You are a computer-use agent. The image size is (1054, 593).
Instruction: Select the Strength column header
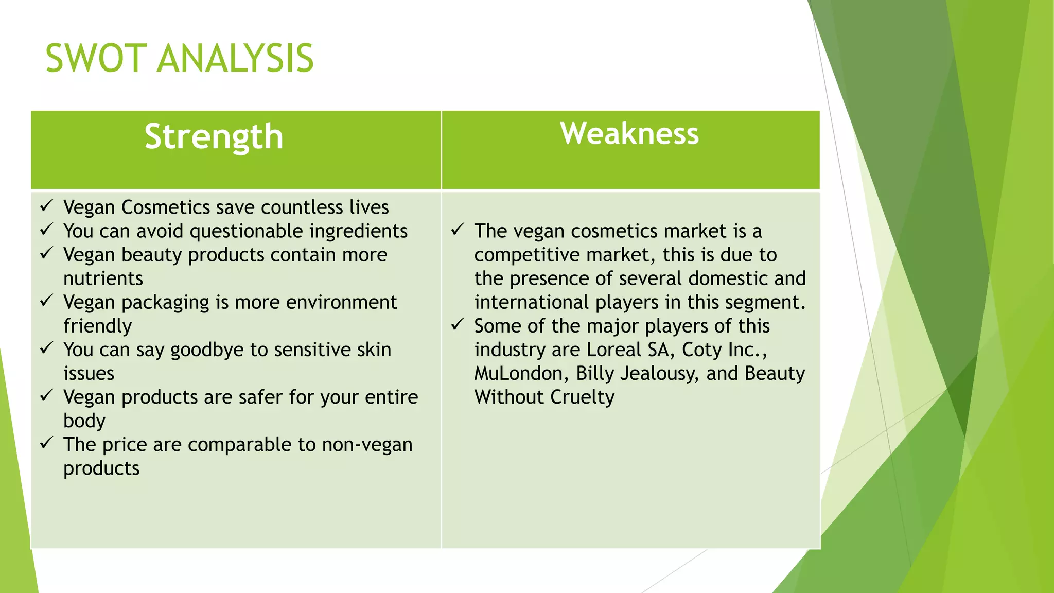click(x=214, y=137)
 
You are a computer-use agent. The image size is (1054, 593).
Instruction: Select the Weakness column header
click(x=629, y=134)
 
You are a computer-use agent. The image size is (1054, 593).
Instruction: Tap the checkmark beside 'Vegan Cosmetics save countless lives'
click(x=46, y=206)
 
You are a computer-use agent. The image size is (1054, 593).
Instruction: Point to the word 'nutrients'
click(x=103, y=278)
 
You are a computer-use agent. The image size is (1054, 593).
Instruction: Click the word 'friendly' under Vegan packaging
click(x=97, y=326)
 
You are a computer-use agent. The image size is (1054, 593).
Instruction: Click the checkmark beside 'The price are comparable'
click(x=46, y=443)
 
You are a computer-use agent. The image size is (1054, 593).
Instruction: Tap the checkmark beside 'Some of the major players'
click(x=458, y=324)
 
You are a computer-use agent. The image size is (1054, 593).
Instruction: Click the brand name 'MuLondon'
click(x=518, y=374)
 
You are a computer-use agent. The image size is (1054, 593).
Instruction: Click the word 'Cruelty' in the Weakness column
click(x=582, y=397)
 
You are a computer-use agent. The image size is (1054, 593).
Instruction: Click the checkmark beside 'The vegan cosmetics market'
click(x=458, y=230)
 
